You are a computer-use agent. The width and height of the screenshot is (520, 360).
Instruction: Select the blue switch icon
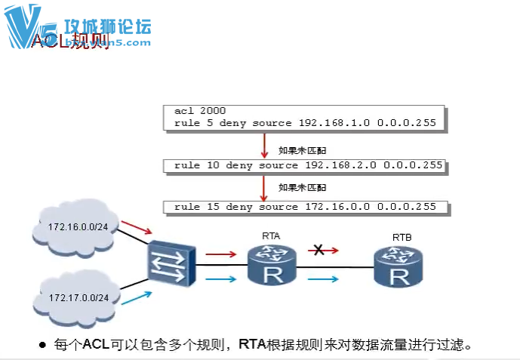[171, 263]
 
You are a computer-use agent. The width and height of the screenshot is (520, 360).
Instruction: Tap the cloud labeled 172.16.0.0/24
[73, 226]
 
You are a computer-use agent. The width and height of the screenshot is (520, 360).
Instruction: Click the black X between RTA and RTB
[319, 251]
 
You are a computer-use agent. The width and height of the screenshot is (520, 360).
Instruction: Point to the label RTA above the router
[271, 236]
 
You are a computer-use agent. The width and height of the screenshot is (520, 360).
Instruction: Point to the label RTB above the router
[402, 238]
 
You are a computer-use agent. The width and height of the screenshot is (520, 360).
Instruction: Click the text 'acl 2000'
[194, 111]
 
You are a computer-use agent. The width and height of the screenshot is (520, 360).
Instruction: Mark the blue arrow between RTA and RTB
[322, 279]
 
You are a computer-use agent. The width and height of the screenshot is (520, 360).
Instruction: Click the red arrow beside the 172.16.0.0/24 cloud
[138, 226]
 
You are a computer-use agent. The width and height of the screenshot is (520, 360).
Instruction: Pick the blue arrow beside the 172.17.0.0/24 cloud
[138, 296]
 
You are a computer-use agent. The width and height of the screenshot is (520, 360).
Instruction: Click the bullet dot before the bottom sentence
[43, 346]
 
